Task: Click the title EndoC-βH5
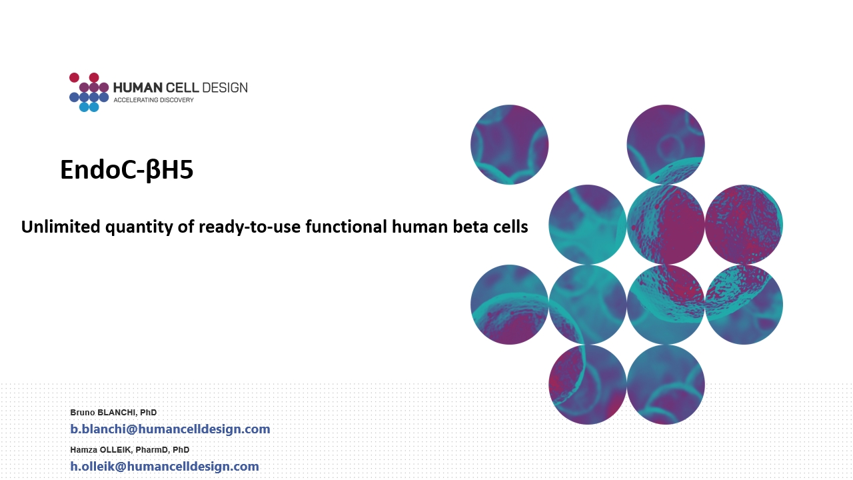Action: (x=127, y=170)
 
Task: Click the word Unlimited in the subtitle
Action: (x=61, y=227)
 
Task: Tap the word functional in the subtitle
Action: (x=346, y=227)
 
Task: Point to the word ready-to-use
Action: (x=250, y=227)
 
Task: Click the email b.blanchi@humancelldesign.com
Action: (x=170, y=429)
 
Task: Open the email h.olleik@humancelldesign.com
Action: (x=165, y=466)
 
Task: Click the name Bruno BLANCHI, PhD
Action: (x=113, y=413)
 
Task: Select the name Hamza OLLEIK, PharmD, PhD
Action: (x=130, y=450)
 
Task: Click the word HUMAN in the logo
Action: (x=138, y=87)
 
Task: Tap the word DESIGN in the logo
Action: (x=225, y=87)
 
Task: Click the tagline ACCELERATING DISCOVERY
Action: (x=154, y=100)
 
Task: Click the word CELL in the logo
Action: (x=183, y=87)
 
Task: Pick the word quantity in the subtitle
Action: (x=139, y=227)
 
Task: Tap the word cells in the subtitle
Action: (x=510, y=227)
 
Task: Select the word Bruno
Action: (x=83, y=413)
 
